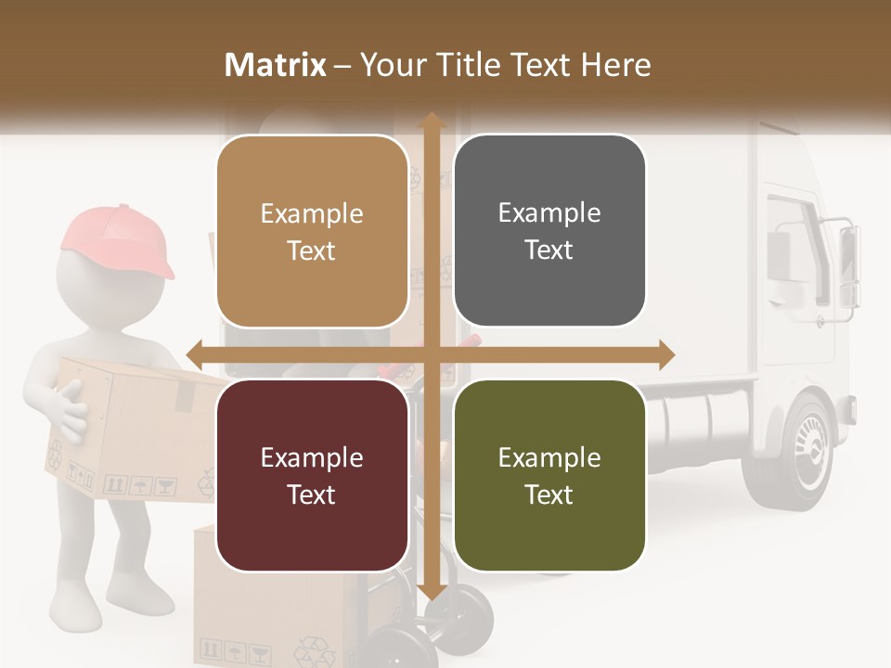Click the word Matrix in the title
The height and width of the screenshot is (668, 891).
pos(276,65)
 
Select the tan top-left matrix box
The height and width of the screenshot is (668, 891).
pos(312,231)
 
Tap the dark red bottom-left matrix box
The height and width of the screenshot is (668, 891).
pos(312,475)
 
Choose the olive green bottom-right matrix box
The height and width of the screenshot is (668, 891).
pos(549,475)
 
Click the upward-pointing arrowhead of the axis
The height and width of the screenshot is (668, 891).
pos(432,119)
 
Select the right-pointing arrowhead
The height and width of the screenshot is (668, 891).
pos(666,354)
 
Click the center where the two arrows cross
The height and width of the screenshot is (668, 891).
pos(432,354)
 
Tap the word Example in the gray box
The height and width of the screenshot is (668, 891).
pos(549,212)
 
